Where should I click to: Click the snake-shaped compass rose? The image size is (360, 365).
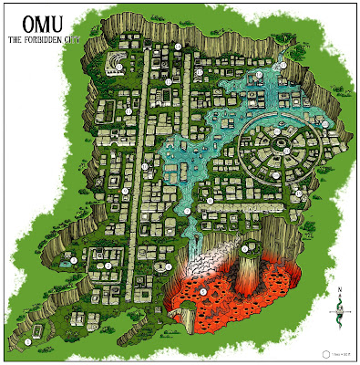[336, 311]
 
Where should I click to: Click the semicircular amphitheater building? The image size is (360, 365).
[118, 62]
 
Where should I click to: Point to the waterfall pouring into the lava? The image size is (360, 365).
[195, 240]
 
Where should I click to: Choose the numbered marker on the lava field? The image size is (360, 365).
[202, 291]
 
